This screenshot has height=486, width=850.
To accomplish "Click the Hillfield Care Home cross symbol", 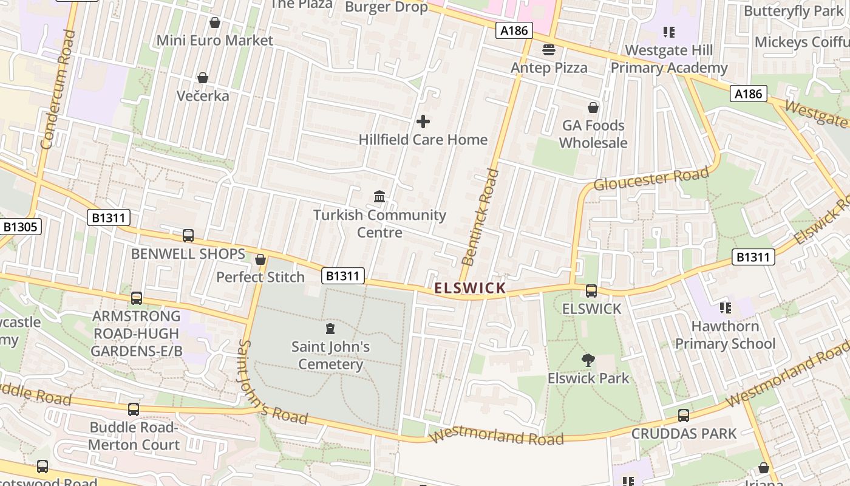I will (423, 122).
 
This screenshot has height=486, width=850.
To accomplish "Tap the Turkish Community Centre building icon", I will (380, 196).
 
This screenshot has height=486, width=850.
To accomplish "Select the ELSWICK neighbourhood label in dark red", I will (471, 288).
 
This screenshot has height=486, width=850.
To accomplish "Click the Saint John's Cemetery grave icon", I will (330, 329).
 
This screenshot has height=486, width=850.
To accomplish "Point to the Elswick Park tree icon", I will (588, 360).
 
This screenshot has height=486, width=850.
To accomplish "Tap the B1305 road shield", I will (21, 227).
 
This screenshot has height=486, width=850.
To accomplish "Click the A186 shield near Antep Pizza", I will (514, 30).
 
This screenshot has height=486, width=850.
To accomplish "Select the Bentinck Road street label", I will (480, 217).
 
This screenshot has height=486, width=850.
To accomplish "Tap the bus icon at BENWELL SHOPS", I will (188, 236).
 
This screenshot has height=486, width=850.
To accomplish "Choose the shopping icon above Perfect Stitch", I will (260, 259).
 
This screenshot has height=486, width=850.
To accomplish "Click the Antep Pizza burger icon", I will (549, 49).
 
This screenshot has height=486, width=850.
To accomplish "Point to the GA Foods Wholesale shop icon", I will (593, 108).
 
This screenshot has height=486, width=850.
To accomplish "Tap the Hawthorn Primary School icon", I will (725, 308).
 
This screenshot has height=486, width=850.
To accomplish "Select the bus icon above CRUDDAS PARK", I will (684, 416).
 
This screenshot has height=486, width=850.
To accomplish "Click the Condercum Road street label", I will (58, 89).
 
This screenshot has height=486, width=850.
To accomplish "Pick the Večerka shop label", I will (203, 96).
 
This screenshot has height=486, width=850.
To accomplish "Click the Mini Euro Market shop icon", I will (214, 22).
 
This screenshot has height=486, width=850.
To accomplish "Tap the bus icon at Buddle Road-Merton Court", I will (134, 409).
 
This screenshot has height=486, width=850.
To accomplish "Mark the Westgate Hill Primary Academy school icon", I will (669, 32).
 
